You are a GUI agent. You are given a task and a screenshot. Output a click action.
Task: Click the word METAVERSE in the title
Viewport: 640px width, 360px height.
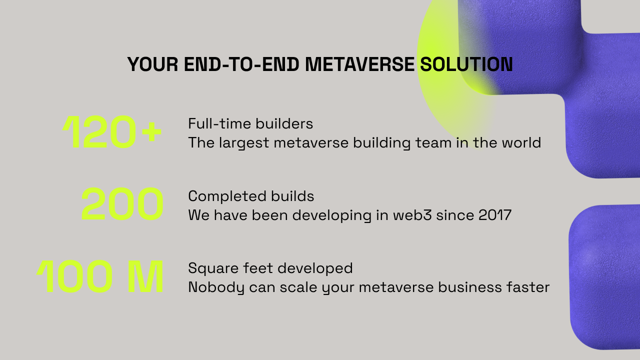tap(359, 64)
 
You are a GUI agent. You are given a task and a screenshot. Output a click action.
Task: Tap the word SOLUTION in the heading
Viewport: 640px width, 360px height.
tap(466, 64)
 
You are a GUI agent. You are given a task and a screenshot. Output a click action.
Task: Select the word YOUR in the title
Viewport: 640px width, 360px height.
tap(153, 64)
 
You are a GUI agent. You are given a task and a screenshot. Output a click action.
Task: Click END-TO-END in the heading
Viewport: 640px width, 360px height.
tap(241, 64)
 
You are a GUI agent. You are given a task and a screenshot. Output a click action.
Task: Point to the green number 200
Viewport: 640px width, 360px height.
tap(122, 203)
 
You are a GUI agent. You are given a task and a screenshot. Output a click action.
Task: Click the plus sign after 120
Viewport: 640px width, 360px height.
tap(151, 131)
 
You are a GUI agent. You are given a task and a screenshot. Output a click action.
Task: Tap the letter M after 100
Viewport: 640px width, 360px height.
tap(145, 276)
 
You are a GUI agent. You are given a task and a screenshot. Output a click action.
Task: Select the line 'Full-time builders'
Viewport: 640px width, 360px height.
tap(250, 123)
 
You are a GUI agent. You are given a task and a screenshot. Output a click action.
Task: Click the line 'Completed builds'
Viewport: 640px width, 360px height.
tap(251, 196)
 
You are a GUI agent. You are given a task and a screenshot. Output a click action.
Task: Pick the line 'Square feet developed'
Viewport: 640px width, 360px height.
tap(270, 268)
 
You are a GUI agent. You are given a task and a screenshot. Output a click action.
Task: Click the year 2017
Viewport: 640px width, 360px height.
tap(495, 215)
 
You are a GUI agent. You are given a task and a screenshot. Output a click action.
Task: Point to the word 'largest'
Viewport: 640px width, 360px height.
tap(244, 143)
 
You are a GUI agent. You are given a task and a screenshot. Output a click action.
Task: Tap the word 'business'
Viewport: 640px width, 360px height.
tap(469, 287)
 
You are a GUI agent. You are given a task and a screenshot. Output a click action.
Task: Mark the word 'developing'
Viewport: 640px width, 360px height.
tap(331, 215)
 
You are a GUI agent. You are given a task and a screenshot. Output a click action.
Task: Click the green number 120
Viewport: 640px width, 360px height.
tap(99, 131)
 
